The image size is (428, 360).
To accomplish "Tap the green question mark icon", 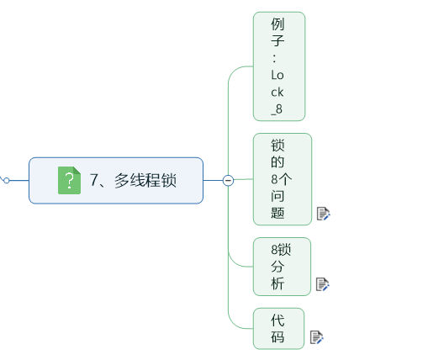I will [69, 180].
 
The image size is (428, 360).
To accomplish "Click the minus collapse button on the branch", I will [228, 179].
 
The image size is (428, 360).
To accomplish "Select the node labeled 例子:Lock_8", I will [278, 66].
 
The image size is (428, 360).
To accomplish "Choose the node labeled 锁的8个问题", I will [282, 179].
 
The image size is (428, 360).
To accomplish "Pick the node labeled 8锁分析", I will [282, 267].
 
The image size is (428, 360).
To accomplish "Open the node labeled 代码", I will [278, 329].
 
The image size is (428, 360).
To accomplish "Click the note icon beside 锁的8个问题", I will [323, 214].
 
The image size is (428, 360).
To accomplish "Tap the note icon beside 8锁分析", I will [322, 284].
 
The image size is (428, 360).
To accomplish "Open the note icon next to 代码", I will [316, 337].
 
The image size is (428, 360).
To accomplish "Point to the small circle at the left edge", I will [6, 179].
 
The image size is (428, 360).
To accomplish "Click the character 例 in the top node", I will [278, 24].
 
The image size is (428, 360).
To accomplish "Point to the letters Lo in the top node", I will [278, 75].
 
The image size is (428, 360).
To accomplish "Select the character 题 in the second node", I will [278, 213].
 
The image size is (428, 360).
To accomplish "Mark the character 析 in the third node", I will [278, 284].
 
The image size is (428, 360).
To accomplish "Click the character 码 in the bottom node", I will [278, 337].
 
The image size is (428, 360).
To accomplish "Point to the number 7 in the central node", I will [94, 180].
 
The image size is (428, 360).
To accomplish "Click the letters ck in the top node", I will [278, 92].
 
